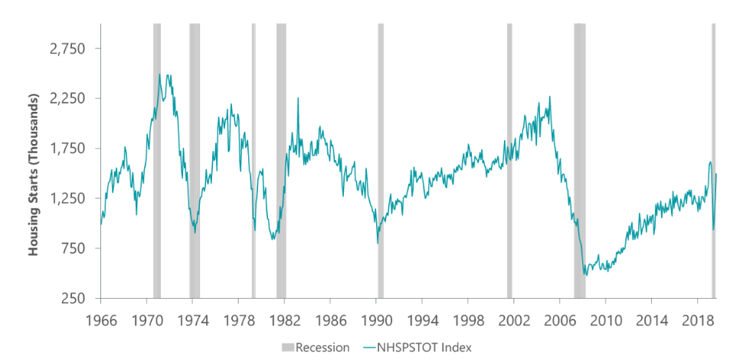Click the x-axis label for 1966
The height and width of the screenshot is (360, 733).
[x=100, y=318]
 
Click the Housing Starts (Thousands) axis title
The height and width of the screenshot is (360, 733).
[x=34, y=174]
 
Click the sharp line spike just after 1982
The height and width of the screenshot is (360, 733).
[x=297, y=100]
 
